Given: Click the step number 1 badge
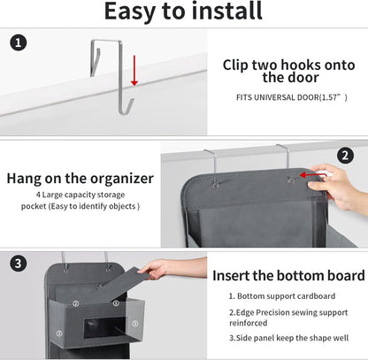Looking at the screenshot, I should (19, 42).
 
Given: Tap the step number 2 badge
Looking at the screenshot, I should (345, 154).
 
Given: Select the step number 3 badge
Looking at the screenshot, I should (19, 264).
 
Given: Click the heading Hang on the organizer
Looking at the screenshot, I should (80, 178).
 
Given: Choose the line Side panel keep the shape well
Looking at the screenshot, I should (287, 337).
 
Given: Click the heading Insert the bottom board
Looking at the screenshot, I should (287, 274).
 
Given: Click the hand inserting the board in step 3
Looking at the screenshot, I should (157, 267).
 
